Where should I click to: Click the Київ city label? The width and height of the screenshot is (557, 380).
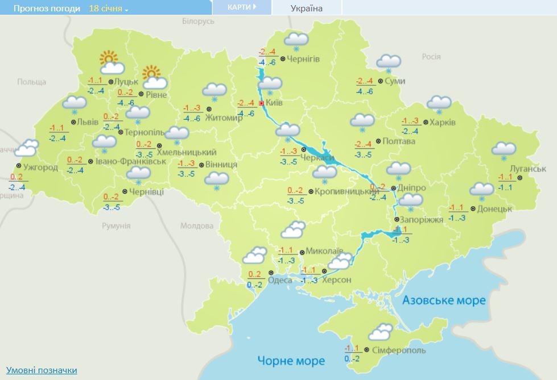(x=274, y=103)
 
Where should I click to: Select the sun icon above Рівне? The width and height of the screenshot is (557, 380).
(x=152, y=73)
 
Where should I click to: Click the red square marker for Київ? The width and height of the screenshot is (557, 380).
(x=261, y=103)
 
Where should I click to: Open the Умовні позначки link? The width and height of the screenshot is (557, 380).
(x=42, y=370)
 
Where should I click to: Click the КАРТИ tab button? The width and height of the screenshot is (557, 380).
(x=241, y=7)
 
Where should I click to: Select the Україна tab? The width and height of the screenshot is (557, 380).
(x=306, y=8)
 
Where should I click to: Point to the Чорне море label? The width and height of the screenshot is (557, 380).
(x=291, y=361)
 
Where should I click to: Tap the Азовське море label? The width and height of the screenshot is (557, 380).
(x=444, y=300)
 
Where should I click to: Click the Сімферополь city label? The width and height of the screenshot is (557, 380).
(x=398, y=350)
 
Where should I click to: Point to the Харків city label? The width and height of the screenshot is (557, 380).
(x=443, y=122)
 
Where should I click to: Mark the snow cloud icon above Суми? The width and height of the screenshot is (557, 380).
(x=389, y=62)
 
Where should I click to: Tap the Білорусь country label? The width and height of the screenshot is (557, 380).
(x=198, y=21)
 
